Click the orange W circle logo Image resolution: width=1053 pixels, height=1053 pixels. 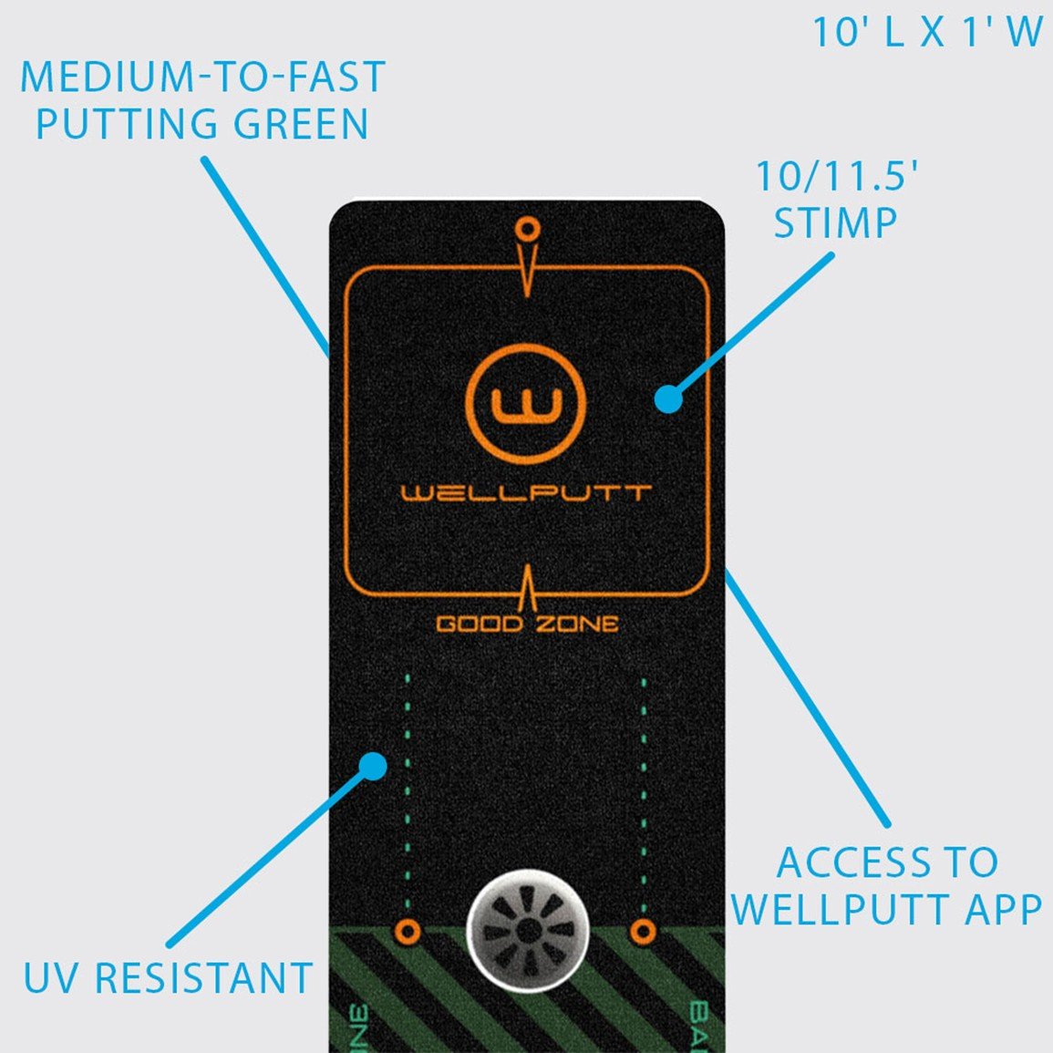click(x=525, y=404)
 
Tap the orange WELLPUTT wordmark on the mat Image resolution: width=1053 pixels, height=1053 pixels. click(x=527, y=493)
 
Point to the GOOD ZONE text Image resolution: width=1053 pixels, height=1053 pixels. click(x=527, y=625)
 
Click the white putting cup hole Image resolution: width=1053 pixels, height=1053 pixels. click(x=528, y=931)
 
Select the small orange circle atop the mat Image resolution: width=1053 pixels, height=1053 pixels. click(x=526, y=227)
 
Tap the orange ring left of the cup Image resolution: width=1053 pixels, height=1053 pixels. click(x=408, y=932)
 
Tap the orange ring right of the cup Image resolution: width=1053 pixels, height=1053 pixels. click(x=644, y=932)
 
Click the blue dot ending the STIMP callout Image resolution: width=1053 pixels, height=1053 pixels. click(x=668, y=398)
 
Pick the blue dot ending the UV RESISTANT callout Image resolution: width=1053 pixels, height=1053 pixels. click(x=372, y=765)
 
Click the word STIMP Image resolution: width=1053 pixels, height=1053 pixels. click(x=835, y=223)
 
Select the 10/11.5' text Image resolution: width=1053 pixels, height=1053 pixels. click(x=836, y=176)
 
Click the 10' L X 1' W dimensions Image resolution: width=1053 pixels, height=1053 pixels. click(x=927, y=33)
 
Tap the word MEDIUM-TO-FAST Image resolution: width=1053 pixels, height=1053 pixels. click(x=203, y=77)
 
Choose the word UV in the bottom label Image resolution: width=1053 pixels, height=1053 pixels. click(x=54, y=978)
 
